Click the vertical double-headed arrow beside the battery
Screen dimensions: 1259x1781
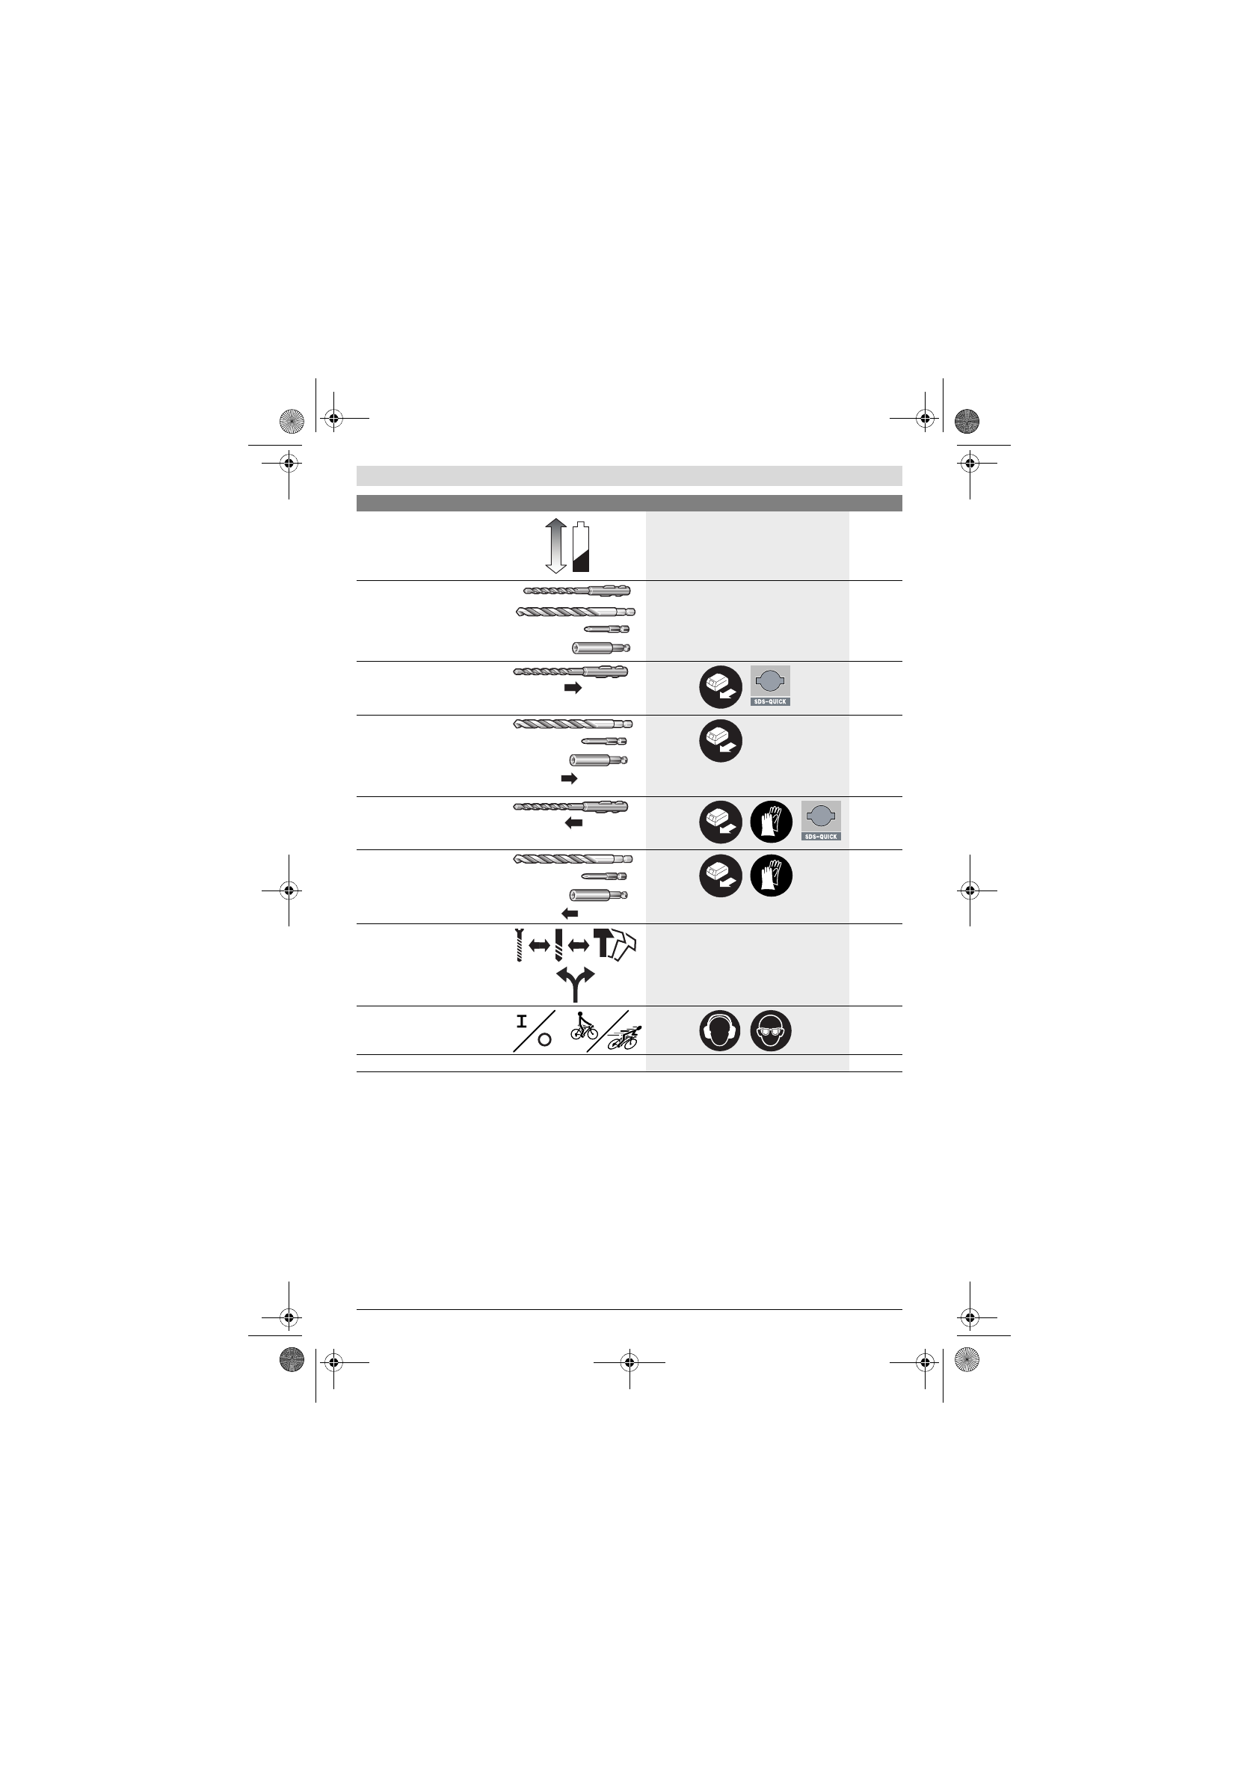[556, 546]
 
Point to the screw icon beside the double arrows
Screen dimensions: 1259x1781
[519, 945]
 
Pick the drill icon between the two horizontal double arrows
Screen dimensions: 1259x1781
[558, 945]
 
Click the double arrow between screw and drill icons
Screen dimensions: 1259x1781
[539, 945]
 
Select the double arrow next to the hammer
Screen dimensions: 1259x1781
[578, 945]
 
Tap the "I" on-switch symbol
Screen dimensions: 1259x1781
[521, 1021]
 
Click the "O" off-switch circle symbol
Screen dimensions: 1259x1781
[544, 1039]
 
